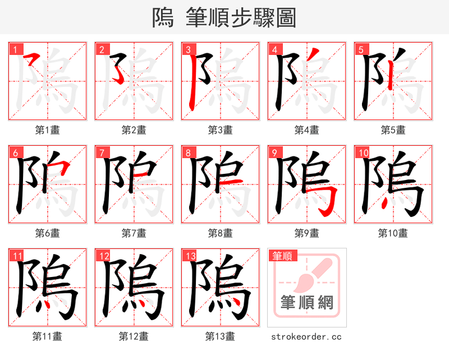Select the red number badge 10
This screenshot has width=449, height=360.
[363, 153]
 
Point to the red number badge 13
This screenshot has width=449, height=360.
[190, 256]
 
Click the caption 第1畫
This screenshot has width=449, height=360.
[48, 130]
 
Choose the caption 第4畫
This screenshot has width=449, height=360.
[307, 130]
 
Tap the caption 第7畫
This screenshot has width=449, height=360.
[134, 233]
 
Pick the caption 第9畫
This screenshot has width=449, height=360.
[307, 233]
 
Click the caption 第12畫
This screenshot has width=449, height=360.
[134, 336]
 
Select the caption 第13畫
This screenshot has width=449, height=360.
[221, 336]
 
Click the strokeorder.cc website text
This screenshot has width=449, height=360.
[306, 336]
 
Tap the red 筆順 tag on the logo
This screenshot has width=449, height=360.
[282, 256]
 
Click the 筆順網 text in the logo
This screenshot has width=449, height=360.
[307, 303]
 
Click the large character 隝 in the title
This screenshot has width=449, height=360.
[163, 18]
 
